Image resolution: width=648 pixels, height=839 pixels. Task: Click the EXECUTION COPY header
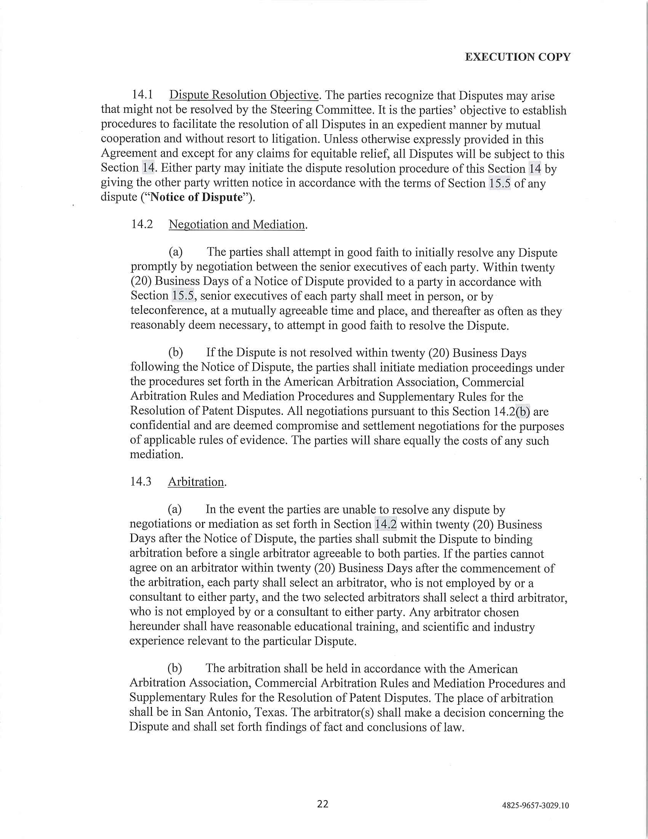tap(518, 57)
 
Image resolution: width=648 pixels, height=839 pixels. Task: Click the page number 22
tap(322, 804)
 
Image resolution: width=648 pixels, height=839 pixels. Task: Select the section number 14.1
tap(143, 95)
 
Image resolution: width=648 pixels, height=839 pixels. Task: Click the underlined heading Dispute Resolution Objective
tap(244, 95)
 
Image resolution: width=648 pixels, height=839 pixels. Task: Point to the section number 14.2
tap(142, 224)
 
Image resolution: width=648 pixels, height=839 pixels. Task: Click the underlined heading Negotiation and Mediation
tap(237, 224)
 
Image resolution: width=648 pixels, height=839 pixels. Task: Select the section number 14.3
tap(141, 481)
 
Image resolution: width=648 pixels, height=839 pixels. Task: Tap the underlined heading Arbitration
tap(196, 482)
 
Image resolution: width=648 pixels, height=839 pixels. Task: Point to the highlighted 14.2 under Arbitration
tap(385, 524)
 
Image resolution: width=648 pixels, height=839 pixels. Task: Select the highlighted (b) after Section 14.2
tap(523, 411)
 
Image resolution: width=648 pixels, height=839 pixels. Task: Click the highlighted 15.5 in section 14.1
tap(499, 183)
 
